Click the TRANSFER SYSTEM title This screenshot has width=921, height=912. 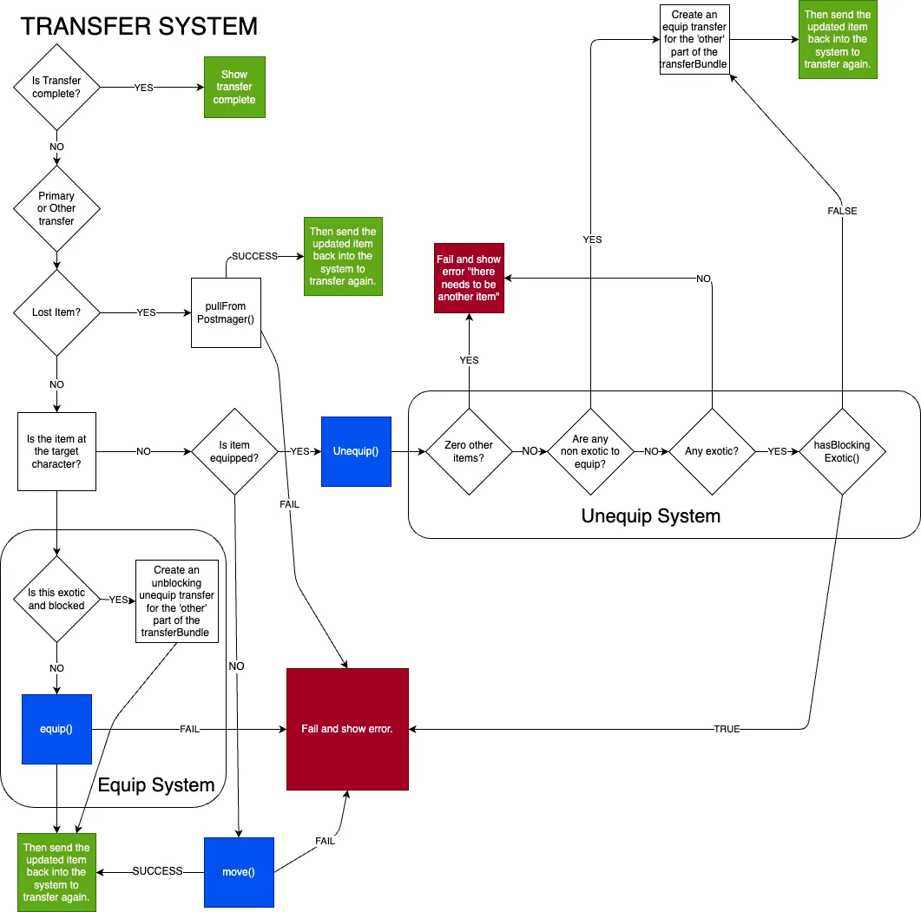click(139, 26)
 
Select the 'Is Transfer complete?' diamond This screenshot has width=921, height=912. click(56, 87)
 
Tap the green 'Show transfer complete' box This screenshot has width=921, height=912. click(234, 87)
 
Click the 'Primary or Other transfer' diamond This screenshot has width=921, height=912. click(56, 208)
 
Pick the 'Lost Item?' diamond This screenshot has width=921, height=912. click(56, 312)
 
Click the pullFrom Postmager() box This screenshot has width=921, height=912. click(226, 312)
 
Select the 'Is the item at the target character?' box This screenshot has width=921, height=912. click(56, 451)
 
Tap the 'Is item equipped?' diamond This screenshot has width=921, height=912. click(234, 451)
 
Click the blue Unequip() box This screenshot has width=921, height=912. click(356, 451)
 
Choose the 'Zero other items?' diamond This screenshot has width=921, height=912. click(469, 451)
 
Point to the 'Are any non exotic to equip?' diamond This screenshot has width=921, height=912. click(590, 451)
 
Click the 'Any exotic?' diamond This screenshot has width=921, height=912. click(712, 451)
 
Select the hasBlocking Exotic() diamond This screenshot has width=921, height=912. click(841, 451)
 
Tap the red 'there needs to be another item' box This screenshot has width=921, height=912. click(469, 278)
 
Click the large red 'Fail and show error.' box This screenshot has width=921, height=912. click(347, 729)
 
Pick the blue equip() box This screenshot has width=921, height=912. click(56, 729)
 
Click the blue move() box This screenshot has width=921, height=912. click(239, 872)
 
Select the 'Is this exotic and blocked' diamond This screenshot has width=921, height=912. click(56, 599)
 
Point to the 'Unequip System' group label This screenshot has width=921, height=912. click(650, 516)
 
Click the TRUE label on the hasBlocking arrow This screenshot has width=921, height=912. click(727, 729)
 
